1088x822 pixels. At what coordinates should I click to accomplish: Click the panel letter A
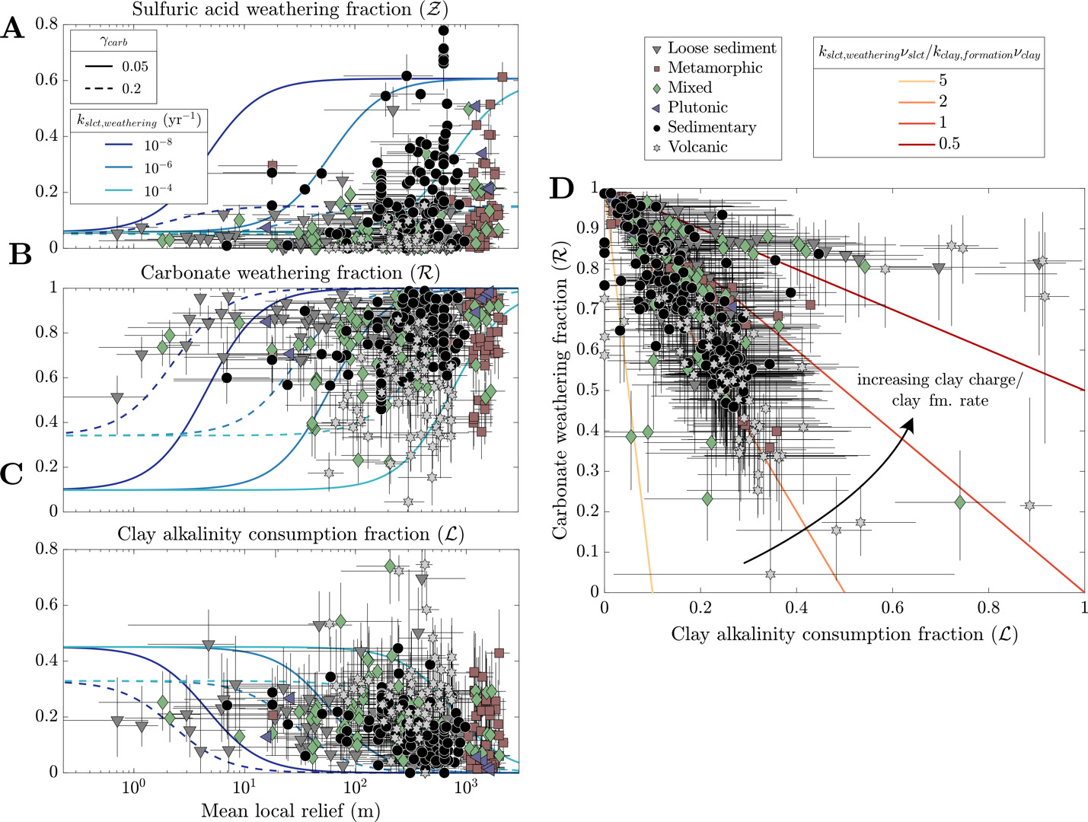pyautogui.click(x=13, y=29)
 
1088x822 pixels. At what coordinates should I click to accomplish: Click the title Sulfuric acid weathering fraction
pyautogui.click(x=290, y=10)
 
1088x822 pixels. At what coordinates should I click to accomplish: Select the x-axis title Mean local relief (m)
pyautogui.click(x=290, y=811)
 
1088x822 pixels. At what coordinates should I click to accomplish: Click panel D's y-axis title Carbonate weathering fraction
pyautogui.click(x=561, y=395)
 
